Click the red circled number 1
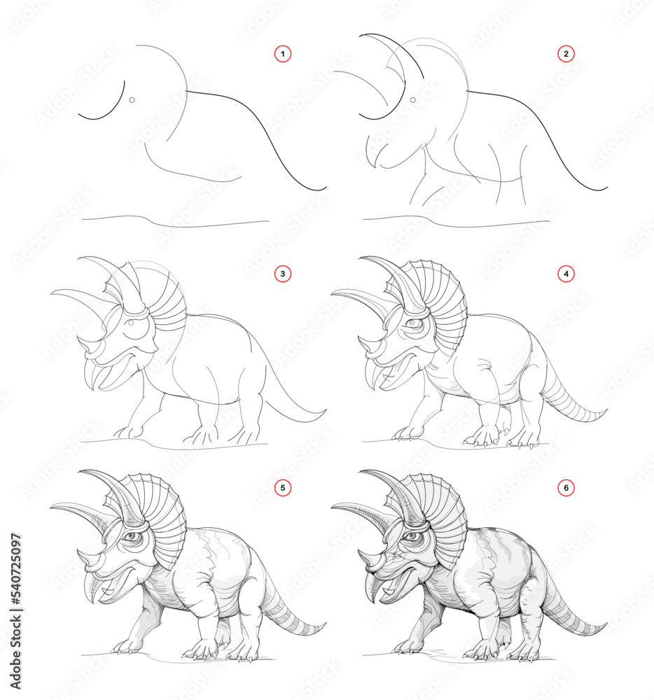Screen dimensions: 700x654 pyautogui.click(x=283, y=53)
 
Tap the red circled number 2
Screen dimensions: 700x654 pyautogui.click(x=566, y=53)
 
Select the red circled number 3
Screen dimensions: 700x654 pyautogui.click(x=283, y=274)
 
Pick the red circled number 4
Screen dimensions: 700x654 pyautogui.click(x=566, y=274)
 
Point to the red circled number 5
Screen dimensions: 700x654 pyautogui.click(x=283, y=486)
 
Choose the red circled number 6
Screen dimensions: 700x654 pyautogui.click(x=566, y=486)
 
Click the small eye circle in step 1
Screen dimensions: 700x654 pyautogui.click(x=132, y=100)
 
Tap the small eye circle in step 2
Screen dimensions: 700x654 pyautogui.click(x=413, y=100)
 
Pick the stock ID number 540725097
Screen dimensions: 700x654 pyautogui.click(x=16, y=598)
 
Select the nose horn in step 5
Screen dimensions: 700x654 pyautogui.click(x=85, y=556)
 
